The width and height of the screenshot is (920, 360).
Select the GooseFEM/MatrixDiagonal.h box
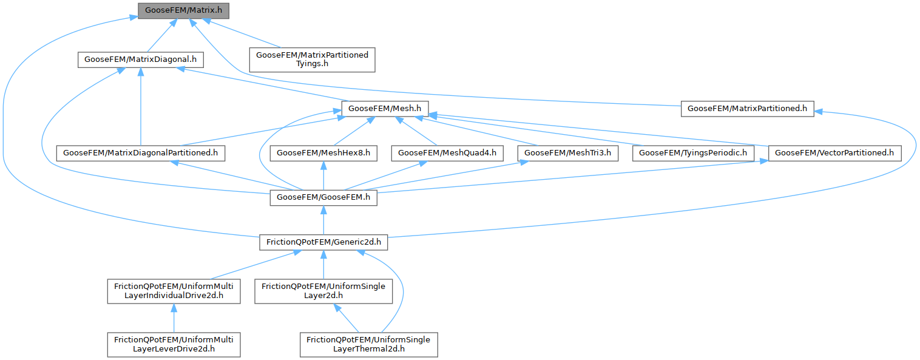pos(140,60)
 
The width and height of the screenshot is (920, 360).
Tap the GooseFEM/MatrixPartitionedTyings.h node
pos(312,59)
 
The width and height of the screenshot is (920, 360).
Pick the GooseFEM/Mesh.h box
pos(385,109)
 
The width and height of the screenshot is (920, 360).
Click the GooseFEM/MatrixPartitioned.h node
pos(747,109)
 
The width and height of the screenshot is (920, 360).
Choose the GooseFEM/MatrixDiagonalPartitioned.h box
pos(140,153)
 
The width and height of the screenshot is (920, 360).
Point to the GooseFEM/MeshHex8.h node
pos(323,153)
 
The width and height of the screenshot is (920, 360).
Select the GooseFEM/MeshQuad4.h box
pos(447,153)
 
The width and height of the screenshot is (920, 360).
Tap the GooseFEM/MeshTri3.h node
pos(567,153)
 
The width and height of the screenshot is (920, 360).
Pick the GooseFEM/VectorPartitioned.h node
pos(834,153)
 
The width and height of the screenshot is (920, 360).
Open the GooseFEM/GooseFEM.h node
pos(323,197)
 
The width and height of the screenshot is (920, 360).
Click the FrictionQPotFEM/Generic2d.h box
pos(323,242)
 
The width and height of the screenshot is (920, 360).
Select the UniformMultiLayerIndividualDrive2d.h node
pos(174,291)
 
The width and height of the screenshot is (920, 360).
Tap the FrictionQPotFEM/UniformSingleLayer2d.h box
pos(323,291)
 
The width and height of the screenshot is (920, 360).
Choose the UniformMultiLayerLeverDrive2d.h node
pos(174,344)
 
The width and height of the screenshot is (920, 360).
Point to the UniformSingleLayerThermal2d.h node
pos(368,344)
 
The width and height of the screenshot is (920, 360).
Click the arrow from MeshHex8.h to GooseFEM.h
pos(323,175)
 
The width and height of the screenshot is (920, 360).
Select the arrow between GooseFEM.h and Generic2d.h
pos(323,220)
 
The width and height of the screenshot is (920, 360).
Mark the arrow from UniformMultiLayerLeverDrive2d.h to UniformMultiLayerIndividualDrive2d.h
pos(174,318)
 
